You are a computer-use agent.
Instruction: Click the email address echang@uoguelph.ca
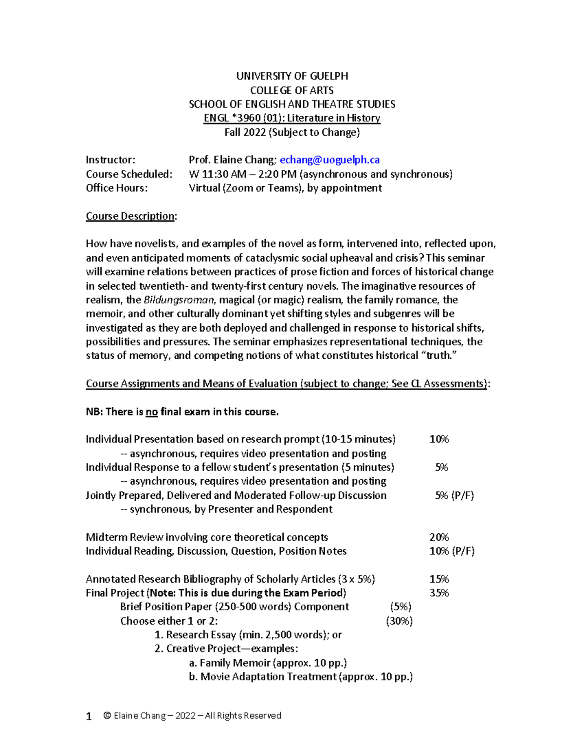329,160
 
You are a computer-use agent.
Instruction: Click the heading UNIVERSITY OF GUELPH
292,76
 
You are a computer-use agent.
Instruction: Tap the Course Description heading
130,216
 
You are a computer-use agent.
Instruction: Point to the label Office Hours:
117,188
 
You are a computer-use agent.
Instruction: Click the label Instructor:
110,160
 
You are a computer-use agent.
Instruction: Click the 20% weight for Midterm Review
438,537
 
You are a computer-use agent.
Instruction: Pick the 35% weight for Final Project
438,593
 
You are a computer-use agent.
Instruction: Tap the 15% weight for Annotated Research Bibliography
438,579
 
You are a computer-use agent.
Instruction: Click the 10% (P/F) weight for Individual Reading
451,551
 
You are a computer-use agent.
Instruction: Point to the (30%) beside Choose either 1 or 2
399,621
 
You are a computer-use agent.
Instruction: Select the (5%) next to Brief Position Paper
401,607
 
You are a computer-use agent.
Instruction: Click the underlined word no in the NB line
151,412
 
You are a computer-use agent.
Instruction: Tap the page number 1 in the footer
89,716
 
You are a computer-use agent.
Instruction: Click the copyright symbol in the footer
107,716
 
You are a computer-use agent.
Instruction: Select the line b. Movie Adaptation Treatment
300,677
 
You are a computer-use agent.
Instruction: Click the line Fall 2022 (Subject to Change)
292,132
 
